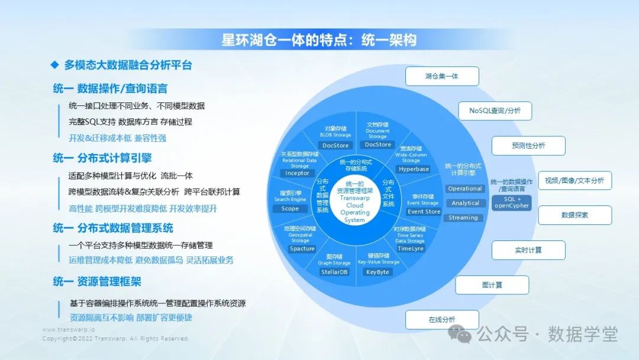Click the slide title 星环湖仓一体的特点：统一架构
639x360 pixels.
[319, 40]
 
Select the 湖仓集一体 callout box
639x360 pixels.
[441, 76]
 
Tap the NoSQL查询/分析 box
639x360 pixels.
[495, 111]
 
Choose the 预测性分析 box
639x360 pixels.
[528, 146]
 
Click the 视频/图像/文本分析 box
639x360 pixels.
[574, 181]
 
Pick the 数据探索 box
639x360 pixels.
[575, 215]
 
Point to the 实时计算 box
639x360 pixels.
[528, 250]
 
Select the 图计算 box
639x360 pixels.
[492, 285]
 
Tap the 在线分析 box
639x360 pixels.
[441, 320]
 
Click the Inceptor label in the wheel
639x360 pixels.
[297, 173]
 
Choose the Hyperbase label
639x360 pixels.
[414, 169]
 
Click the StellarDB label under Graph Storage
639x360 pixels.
[334, 272]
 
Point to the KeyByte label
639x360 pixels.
[377, 272]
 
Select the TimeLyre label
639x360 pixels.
[410, 249]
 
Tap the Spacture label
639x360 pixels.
[302, 249]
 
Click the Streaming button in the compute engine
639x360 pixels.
[463, 217]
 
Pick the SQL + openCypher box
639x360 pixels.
[512, 202]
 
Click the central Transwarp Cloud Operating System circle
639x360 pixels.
[355, 201]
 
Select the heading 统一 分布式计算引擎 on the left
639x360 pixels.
[102, 158]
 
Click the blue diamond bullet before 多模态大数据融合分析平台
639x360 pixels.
[54, 65]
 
